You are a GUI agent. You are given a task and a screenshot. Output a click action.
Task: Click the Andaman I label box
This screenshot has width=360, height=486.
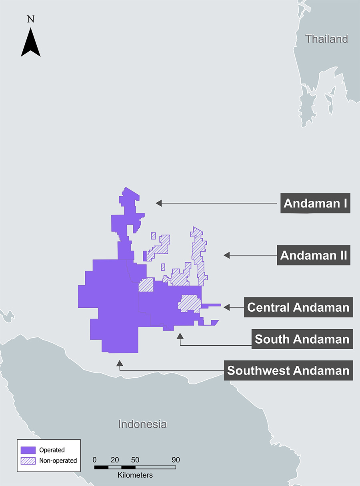pos(315,203)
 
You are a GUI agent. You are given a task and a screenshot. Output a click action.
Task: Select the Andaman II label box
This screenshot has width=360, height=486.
pos(314,255)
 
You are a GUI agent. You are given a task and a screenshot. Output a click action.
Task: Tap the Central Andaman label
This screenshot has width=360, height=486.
pos(298,307)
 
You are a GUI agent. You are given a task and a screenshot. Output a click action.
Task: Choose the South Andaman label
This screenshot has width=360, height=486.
pos(302,339)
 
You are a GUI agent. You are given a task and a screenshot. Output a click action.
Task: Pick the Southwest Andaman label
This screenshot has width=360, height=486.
pos(288,370)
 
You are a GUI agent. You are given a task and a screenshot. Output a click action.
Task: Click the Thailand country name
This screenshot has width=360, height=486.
pos(327,39)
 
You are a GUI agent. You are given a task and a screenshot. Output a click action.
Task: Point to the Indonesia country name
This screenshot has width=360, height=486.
pos(142,424)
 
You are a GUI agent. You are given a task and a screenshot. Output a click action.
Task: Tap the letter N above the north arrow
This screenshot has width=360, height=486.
pos(30,19)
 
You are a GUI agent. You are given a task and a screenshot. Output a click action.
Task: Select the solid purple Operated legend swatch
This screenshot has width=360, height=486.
pos(28,450)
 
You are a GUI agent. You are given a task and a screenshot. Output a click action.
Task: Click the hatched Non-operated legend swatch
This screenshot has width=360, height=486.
pos(28,460)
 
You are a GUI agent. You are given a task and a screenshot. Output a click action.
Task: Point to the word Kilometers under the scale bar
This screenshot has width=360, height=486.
pos(135,475)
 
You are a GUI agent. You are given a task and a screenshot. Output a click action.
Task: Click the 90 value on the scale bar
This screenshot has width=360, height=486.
pos(176,460)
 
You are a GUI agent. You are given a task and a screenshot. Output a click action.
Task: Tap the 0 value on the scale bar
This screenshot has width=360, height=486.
pos(94,460)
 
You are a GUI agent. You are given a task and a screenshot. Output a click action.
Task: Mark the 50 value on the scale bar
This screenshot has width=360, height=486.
pos(135,460)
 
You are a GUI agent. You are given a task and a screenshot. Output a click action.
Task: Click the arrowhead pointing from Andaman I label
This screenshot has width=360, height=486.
pos(158,203)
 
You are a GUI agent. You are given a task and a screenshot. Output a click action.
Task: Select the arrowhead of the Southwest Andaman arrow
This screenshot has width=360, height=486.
pos(119,363)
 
